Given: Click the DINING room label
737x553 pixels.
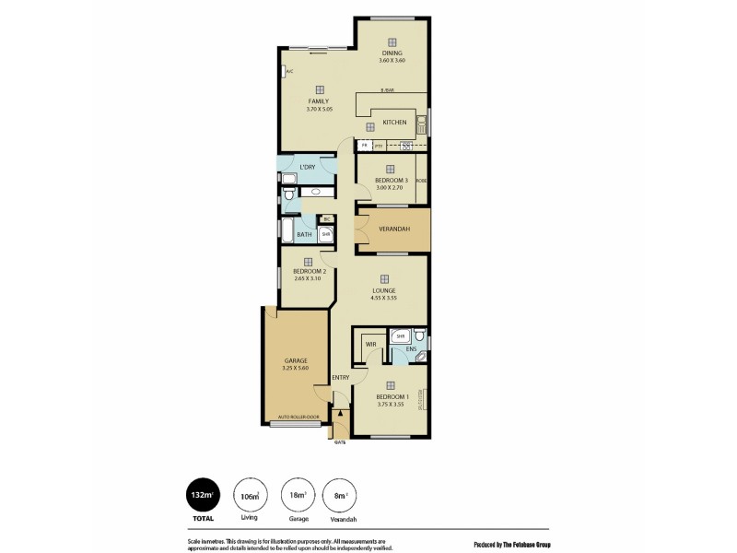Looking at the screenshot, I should pos(392,53).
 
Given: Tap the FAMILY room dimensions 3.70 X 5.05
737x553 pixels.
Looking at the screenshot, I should pos(319,110).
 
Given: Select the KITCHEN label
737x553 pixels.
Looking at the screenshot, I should pos(394,122).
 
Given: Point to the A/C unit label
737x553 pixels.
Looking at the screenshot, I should pos(288,71).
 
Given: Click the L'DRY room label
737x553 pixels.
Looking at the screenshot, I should pos(308,167).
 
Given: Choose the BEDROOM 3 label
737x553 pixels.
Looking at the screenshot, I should pos(390,180).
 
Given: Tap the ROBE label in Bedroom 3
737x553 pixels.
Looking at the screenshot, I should pos(421,181).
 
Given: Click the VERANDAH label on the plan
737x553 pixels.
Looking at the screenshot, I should pos(393,228).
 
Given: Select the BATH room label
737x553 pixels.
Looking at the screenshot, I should pos(303,235).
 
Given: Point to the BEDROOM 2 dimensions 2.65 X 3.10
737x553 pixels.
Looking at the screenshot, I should pos(307,278).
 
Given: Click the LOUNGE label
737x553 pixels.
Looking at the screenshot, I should pos(384,290).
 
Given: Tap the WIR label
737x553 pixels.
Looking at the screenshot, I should pos(370,344).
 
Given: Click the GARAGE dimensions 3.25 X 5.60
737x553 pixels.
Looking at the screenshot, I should pos(295,368).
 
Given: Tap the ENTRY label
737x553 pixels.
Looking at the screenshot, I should pos(340,377).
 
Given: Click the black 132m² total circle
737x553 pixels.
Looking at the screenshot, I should pos(202,495).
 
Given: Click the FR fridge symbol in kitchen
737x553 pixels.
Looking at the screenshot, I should pos(365,145).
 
